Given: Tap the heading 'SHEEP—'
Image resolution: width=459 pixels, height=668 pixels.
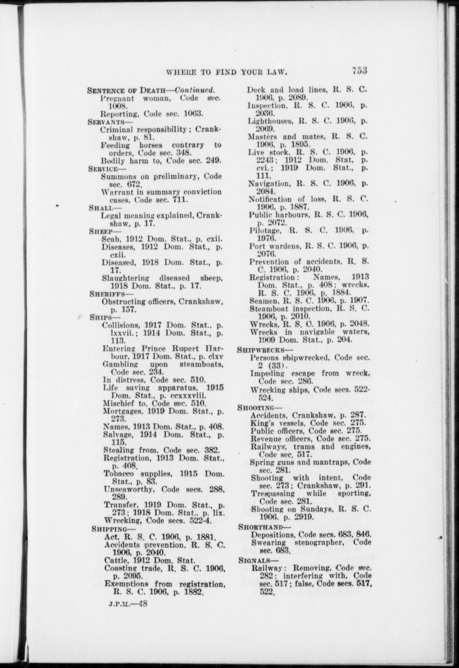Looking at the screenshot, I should point(100,231).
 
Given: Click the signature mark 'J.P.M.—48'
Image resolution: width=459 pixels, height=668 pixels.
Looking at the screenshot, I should point(128,604).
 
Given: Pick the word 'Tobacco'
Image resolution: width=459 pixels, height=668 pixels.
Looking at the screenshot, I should point(118,474).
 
